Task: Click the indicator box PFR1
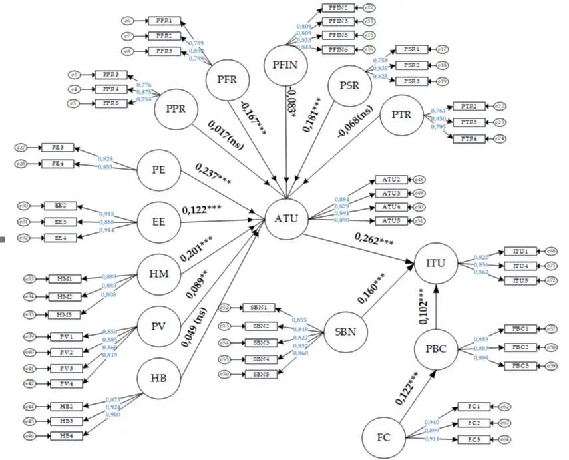[x=162, y=21]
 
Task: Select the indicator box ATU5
[x=391, y=220]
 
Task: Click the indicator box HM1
[x=65, y=278]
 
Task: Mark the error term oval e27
[x=21, y=147]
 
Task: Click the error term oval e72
[x=551, y=280]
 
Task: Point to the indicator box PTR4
[x=470, y=138]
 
